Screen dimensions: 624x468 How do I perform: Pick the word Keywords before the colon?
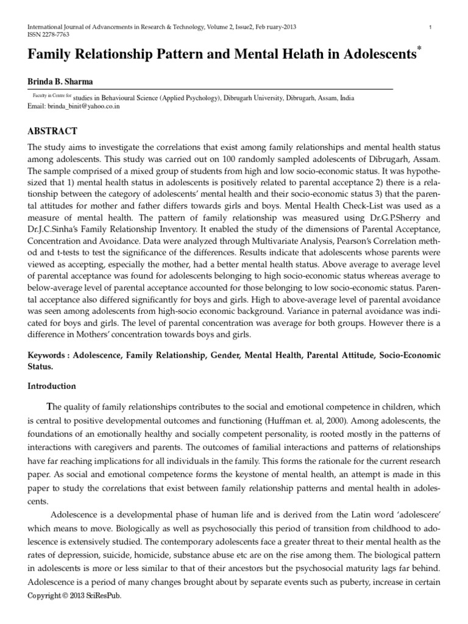49,355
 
